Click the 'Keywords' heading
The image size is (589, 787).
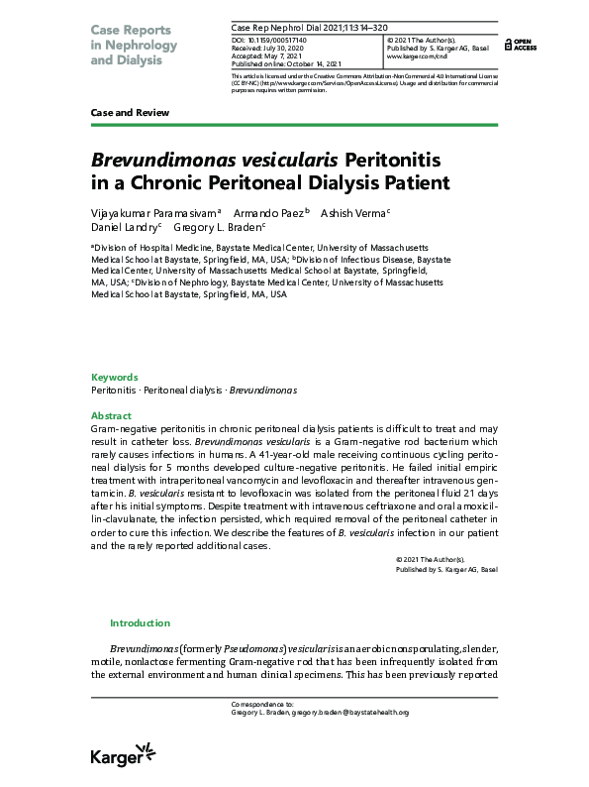point(114,378)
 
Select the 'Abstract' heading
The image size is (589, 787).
point(111,415)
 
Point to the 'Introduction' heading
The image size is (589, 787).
point(140,623)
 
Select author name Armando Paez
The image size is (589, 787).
point(269,212)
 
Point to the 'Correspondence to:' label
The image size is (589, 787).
point(259,704)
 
